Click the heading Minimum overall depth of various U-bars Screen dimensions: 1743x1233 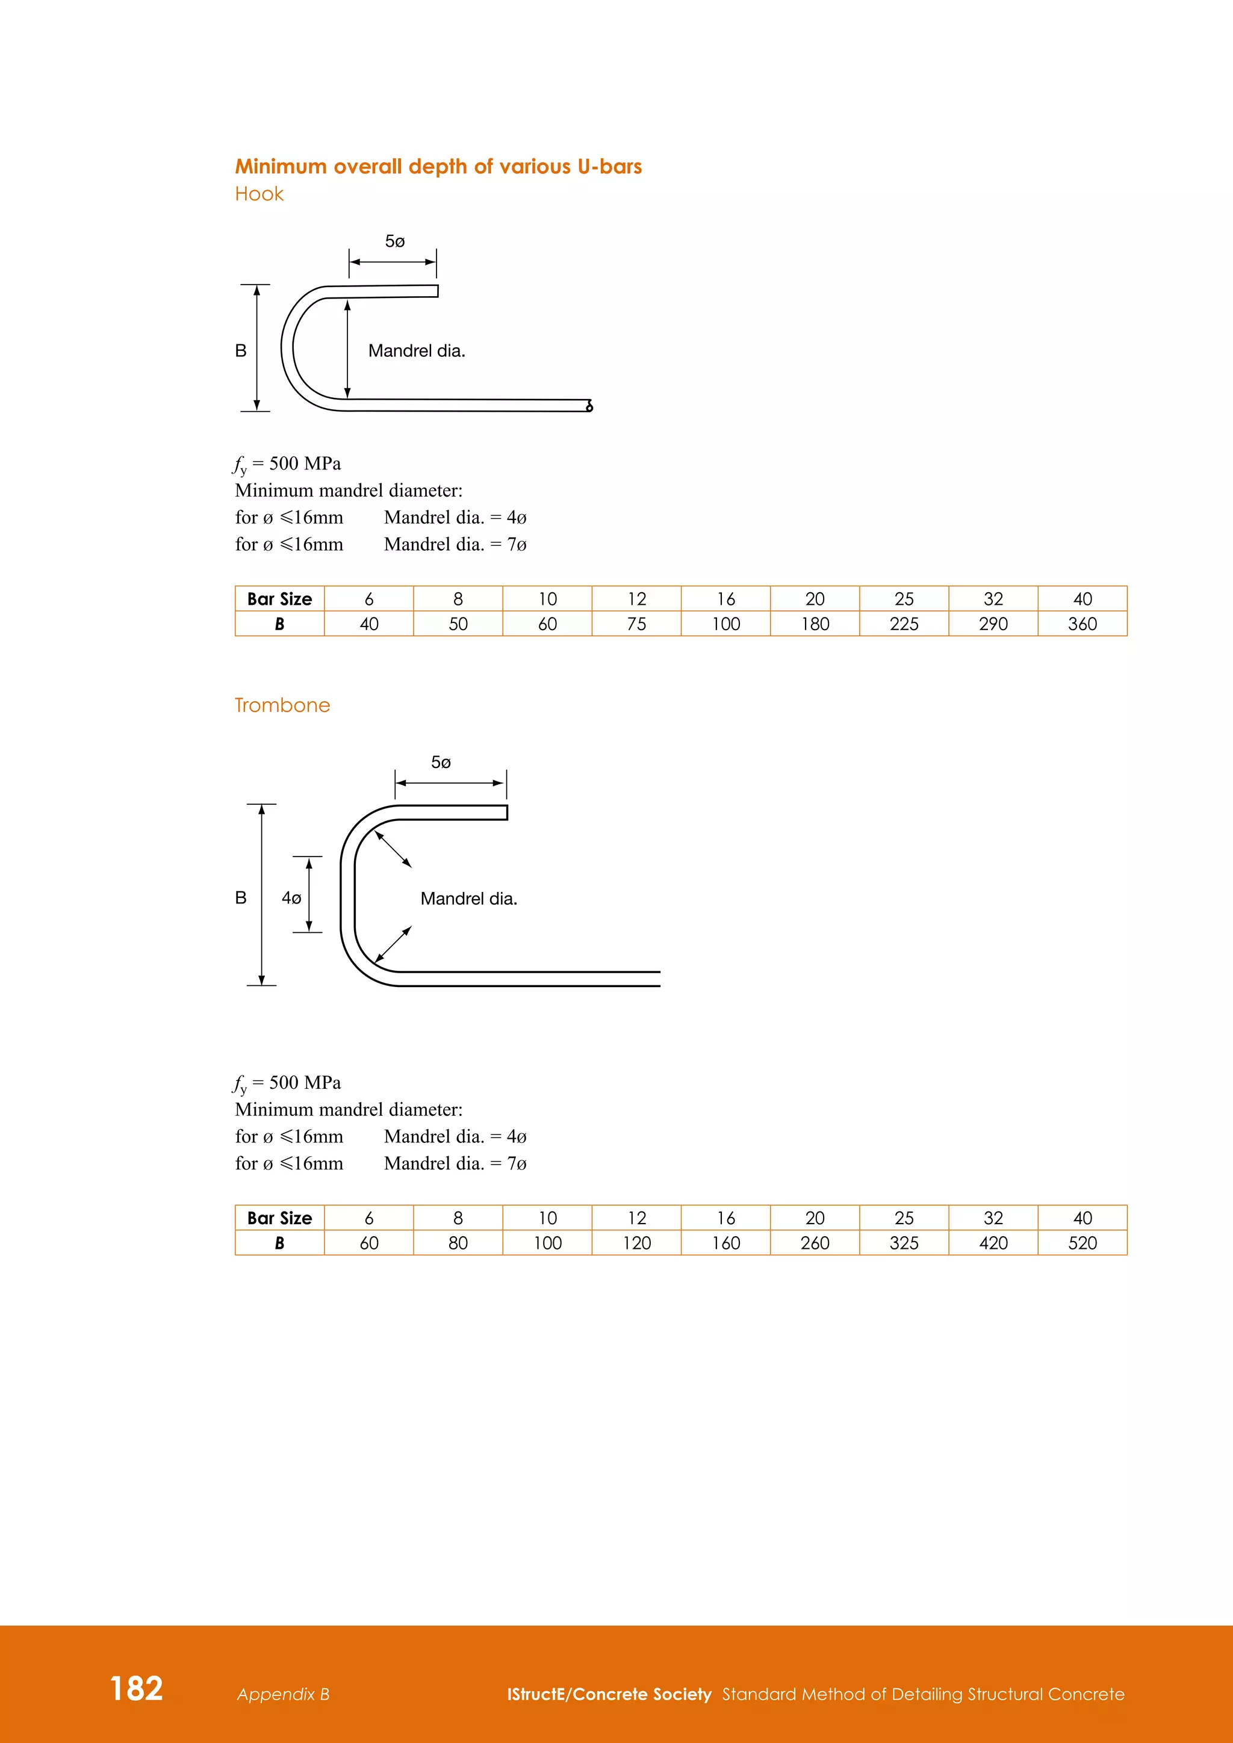click(x=438, y=166)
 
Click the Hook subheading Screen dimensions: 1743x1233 click(x=259, y=194)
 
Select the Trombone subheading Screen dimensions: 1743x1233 click(x=282, y=705)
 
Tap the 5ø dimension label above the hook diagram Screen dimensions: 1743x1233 click(x=395, y=241)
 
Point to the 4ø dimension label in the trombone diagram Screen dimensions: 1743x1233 click(x=291, y=898)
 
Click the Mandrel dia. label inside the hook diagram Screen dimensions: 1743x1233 click(x=416, y=351)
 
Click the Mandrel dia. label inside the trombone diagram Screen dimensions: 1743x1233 click(x=468, y=899)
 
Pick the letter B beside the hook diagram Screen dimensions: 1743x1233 click(x=241, y=351)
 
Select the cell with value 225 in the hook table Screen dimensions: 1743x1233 click(x=904, y=624)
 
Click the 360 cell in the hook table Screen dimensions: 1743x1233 click(x=1082, y=624)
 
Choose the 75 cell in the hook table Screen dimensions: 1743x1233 click(x=636, y=624)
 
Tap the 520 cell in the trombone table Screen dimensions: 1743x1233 click(x=1082, y=1243)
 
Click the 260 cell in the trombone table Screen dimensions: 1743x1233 click(x=815, y=1243)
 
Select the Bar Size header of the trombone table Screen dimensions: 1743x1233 click(x=279, y=1218)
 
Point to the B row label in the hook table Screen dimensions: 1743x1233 click(x=279, y=624)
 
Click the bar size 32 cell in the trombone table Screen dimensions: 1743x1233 click(x=993, y=1218)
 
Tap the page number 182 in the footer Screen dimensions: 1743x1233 click(x=137, y=1688)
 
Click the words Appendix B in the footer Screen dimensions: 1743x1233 click(x=283, y=1694)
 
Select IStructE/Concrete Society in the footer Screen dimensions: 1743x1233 click(x=609, y=1694)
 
